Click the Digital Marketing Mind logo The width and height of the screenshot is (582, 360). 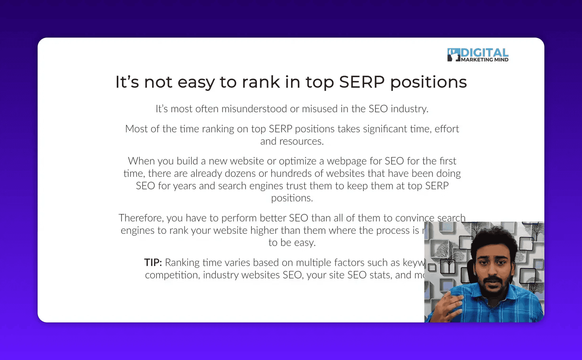(x=478, y=55)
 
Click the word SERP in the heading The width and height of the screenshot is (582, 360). (x=361, y=82)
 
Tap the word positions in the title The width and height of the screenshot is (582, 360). (x=428, y=82)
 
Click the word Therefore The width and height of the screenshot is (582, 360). (x=140, y=218)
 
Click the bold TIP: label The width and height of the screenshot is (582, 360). (x=153, y=263)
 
